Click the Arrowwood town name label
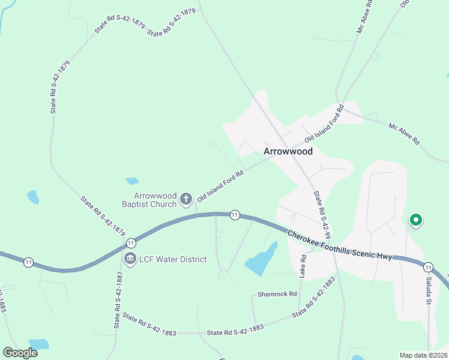pyautogui.click(x=288, y=151)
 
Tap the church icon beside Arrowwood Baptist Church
pyautogui.click(x=186, y=199)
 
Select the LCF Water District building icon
pyautogui.click(x=130, y=259)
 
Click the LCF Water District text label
pyautogui.click(x=173, y=259)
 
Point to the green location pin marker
pyautogui.click(x=414, y=220)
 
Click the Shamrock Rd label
pyautogui.click(x=277, y=294)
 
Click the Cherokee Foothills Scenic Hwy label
pyautogui.click(x=339, y=245)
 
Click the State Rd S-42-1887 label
pyautogui.click(x=118, y=300)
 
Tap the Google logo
pyautogui.click(x=20, y=352)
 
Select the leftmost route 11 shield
pyautogui.click(x=28, y=262)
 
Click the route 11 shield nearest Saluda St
pyautogui.click(x=427, y=267)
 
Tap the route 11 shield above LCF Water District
pyautogui.click(x=130, y=243)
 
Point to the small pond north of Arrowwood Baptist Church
pyautogui.click(x=132, y=181)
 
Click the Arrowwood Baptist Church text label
pyautogui.click(x=155, y=200)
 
